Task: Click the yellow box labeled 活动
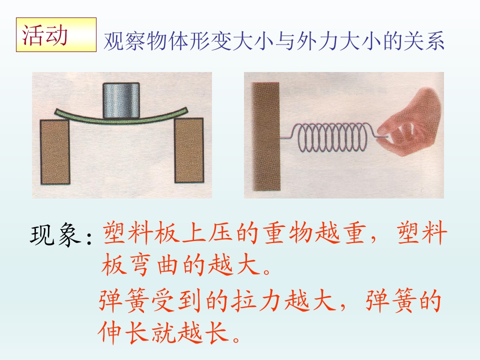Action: coord(56,34)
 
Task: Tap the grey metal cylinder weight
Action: coord(121,100)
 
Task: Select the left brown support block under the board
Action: coord(55,152)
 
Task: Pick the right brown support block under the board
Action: coord(189,150)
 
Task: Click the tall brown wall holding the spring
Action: coord(265,136)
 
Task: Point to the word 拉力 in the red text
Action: coord(256,300)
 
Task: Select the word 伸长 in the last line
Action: coord(124,332)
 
